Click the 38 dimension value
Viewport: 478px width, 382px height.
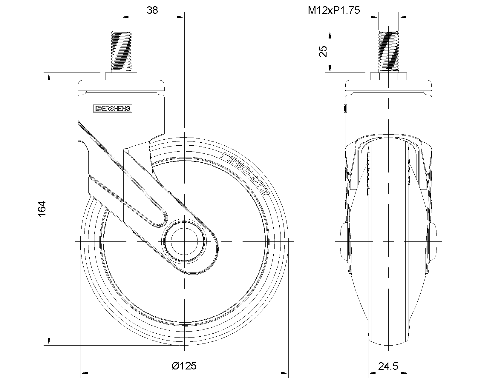coord(152,10)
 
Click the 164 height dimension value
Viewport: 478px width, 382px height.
coord(42,209)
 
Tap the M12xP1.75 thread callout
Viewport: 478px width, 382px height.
coord(334,10)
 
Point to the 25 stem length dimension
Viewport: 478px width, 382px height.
coord(323,51)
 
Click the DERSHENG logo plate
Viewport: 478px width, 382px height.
coord(112,109)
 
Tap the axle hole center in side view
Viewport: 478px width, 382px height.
coord(184,241)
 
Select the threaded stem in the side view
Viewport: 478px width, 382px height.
coord(121,51)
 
